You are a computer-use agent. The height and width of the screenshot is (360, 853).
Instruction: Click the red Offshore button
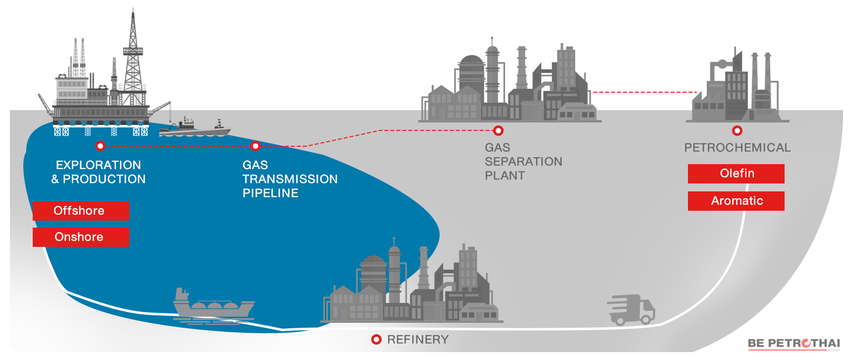click(x=81, y=211)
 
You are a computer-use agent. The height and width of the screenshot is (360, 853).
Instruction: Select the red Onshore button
click(x=81, y=237)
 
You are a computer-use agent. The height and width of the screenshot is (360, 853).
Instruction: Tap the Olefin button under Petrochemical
click(x=736, y=174)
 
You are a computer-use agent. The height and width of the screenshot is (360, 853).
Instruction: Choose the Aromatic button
click(x=736, y=201)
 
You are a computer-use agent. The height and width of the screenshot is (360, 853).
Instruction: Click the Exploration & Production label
click(x=99, y=172)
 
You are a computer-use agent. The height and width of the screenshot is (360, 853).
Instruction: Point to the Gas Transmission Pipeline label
click(x=290, y=179)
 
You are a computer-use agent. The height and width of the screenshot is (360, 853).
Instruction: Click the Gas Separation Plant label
click(x=523, y=162)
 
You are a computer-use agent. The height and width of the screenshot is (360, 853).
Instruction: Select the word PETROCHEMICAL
click(x=738, y=148)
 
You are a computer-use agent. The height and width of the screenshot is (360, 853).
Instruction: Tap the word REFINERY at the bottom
click(x=418, y=340)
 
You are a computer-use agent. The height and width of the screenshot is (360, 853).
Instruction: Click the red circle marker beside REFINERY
click(x=376, y=340)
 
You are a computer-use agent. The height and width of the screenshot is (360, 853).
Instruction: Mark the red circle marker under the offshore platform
click(x=101, y=146)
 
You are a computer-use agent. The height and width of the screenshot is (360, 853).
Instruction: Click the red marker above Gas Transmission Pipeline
click(x=255, y=146)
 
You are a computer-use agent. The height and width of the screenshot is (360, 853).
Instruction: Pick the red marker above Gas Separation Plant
click(x=499, y=130)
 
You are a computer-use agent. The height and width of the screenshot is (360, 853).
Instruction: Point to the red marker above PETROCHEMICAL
click(x=738, y=130)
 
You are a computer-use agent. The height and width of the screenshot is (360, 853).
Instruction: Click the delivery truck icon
click(x=631, y=310)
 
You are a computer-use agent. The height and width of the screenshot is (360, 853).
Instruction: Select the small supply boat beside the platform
click(x=195, y=128)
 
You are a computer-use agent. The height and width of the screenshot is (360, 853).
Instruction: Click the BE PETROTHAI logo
click(x=794, y=344)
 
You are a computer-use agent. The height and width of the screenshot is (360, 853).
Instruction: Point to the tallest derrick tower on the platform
click(x=133, y=57)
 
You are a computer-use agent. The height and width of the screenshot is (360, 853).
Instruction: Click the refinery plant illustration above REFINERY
click(x=412, y=282)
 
